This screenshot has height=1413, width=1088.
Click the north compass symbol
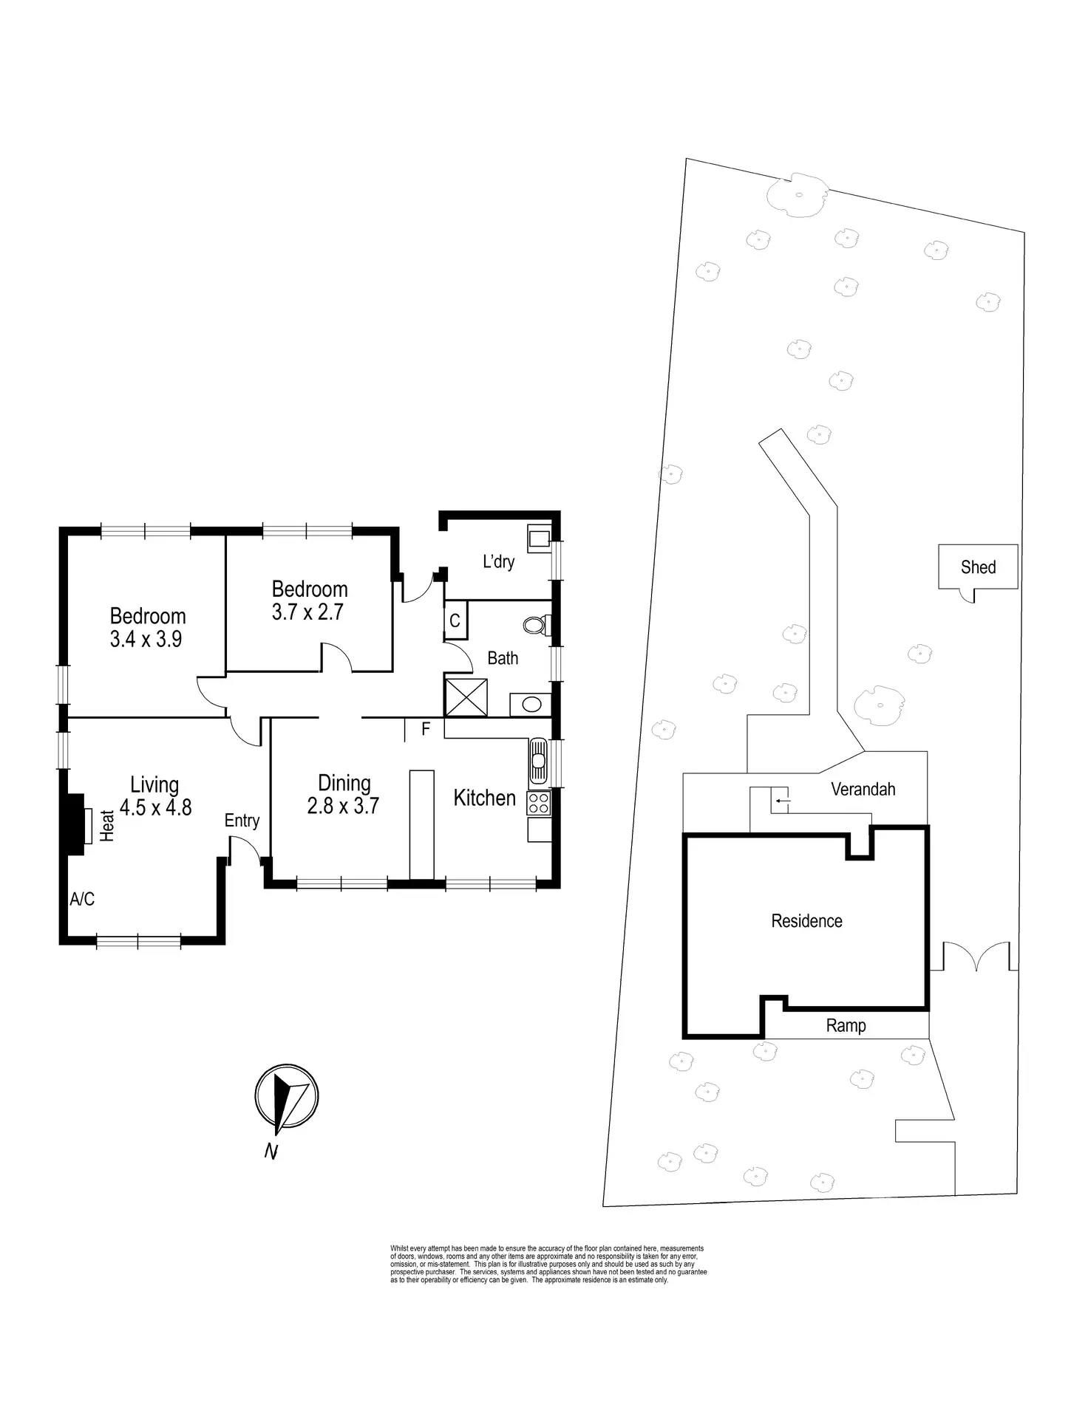point(286,1098)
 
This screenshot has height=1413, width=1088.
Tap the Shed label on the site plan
point(978,567)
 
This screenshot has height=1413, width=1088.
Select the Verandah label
point(863,789)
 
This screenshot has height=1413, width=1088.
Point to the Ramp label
point(846,1025)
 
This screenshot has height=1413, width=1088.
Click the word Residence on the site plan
point(806,921)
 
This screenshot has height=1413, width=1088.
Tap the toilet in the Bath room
point(534,626)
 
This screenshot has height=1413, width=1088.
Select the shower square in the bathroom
point(466,697)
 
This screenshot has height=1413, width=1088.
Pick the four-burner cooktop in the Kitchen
point(538,803)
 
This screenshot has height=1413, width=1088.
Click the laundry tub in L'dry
point(539,538)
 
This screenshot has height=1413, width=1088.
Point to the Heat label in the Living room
point(108,827)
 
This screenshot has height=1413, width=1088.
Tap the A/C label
point(82,899)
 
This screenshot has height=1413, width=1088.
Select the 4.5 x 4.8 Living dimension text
point(155,807)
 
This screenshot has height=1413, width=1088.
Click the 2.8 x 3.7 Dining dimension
point(343,805)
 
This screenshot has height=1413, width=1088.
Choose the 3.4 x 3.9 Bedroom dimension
point(146,639)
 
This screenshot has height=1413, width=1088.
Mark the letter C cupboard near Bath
point(455,621)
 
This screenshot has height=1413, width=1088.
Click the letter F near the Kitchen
point(426,729)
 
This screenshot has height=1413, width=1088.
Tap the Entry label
point(242,821)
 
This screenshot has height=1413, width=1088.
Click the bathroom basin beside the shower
point(531,704)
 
